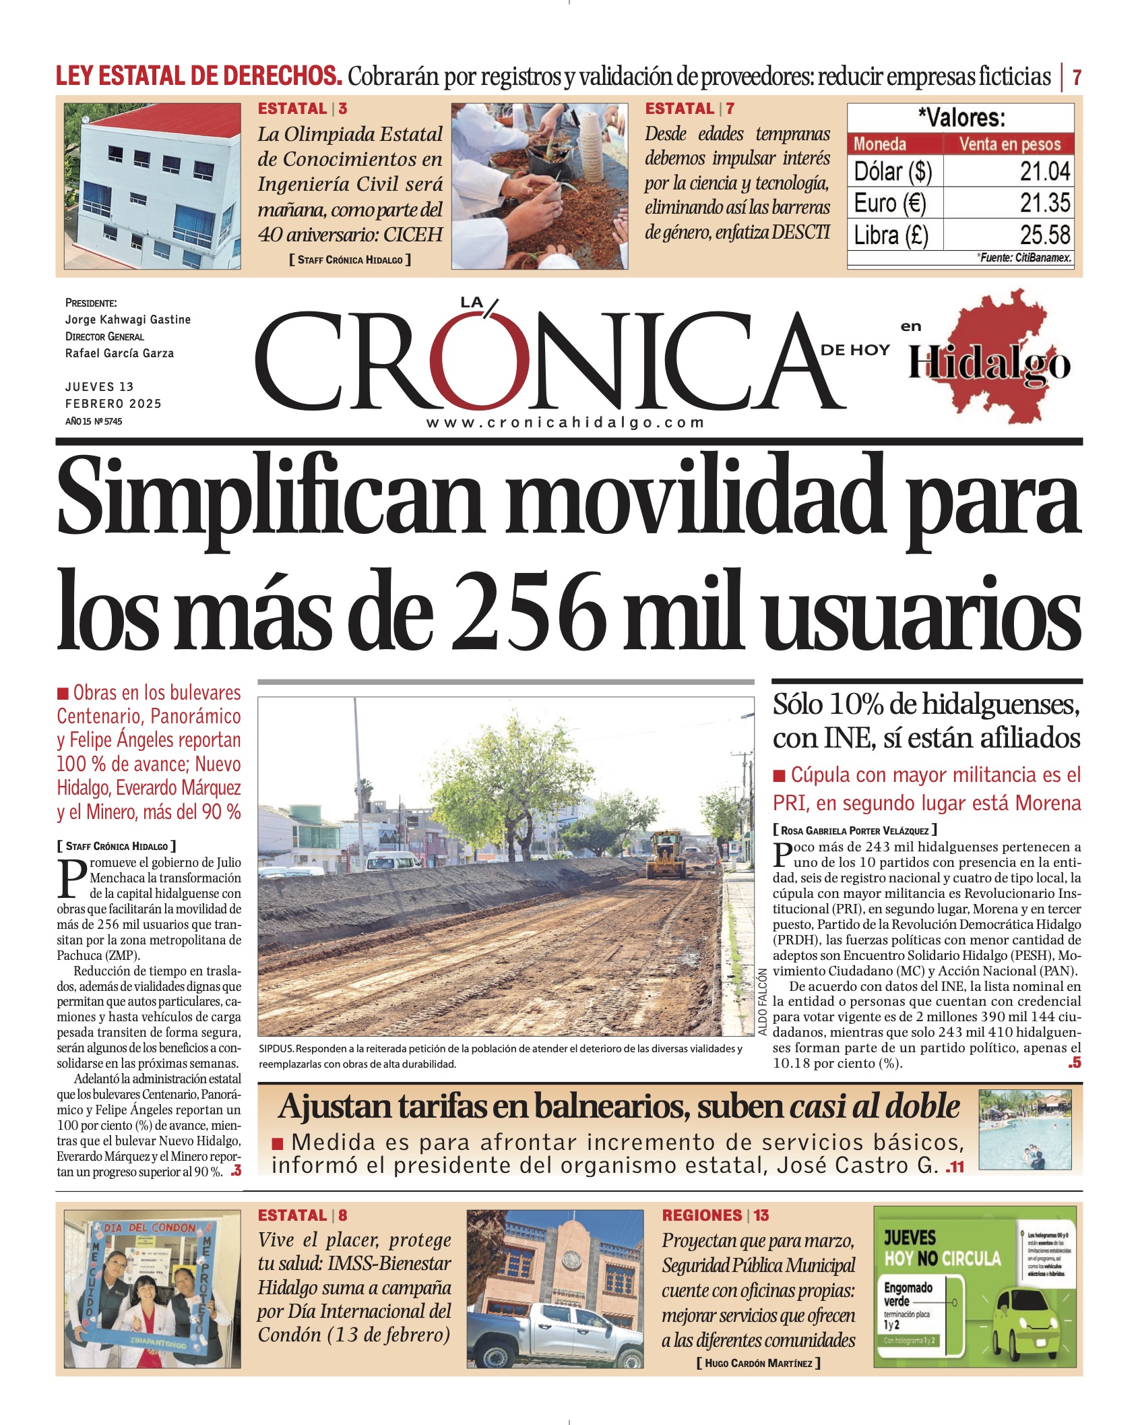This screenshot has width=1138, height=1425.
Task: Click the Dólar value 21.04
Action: pyautogui.click(x=1044, y=171)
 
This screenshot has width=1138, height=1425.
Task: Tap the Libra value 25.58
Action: pyautogui.click(x=1044, y=235)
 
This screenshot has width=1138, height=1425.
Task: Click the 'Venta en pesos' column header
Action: pyautogui.click(x=1009, y=144)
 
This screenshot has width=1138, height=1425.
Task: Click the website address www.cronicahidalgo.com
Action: pyautogui.click(x=565, y=423)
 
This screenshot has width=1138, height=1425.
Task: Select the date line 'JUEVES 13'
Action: pyautogui.click(x=99, y=387)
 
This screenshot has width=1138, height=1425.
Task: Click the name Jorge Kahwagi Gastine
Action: pyautogui.click(x=127, y=320)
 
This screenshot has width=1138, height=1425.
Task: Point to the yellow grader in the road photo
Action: pyautogui.click(x=667, y=855)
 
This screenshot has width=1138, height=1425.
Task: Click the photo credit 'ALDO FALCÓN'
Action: pyautogui.click(x=762, y=1002)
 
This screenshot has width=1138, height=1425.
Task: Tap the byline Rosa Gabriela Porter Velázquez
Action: pyautogui.click(x=854, y=830)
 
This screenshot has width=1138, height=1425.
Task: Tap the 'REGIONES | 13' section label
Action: pyautogui.click(x=715, y=1215)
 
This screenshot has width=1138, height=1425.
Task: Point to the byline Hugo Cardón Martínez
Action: pyautogui.click(x=758, y=1363)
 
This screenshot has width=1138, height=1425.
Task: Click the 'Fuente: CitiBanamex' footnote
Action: pyautogui.click(x=1024, y=257)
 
